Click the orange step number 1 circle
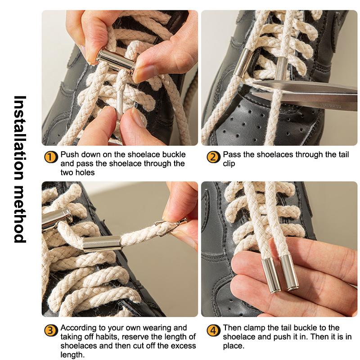50,157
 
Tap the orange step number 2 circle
213,157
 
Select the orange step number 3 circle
50,331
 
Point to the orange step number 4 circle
213,331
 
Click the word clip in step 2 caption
229,164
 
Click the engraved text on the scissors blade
331,106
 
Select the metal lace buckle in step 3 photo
102,243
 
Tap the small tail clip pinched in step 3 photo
171,227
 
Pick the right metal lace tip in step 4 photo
289,272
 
